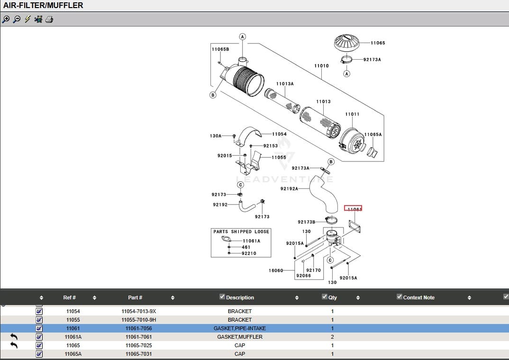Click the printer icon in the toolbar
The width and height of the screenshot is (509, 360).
click(49, 19)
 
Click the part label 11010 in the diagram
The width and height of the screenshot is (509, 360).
click(321, 66)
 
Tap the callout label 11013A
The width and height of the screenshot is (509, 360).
click(285, 84)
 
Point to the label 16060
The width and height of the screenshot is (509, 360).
click(276, 270)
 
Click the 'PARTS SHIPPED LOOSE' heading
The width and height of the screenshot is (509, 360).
click(241, 232)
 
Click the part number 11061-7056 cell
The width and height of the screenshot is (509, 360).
click(139, 328)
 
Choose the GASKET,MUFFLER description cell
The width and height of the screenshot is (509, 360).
click(240, 337)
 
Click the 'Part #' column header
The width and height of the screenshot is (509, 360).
click(135, 297)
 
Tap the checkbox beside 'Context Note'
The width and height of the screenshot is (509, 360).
click(400, 297)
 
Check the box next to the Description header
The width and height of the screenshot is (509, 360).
click(222, 297)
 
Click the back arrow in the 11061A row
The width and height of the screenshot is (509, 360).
click(14, 337)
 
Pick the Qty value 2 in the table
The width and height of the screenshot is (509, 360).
click(332, 337)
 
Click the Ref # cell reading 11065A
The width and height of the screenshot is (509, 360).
click(73, 354)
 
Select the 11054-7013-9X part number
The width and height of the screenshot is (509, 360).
click(139, 311)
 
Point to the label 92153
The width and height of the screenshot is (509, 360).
click(271, 146)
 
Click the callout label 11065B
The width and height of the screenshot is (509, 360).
click(220, 49)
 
